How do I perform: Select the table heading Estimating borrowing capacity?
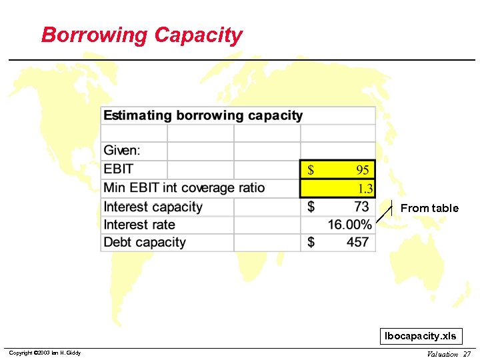203,115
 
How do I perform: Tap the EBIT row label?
119,169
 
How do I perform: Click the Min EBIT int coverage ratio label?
184,188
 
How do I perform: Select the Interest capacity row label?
153,207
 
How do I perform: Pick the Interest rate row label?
139,225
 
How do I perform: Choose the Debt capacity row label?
145,242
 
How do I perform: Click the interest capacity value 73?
361,207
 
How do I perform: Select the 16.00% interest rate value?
349,225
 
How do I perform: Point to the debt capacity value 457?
357,242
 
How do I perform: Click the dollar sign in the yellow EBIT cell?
311,170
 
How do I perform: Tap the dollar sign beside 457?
311,242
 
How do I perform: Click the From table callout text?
429,208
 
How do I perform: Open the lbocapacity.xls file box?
421,337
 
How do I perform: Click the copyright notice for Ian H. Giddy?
44,353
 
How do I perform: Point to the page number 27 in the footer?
467,354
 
